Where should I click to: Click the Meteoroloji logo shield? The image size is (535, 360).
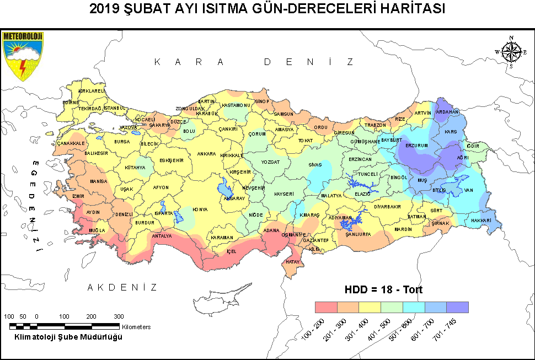coord(23,56)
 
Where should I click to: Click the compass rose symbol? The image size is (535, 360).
coord(512,52)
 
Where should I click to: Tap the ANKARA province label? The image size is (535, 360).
coord(206,154)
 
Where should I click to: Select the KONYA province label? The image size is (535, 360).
coord(200,209)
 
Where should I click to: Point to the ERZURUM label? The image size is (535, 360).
coord(417,146)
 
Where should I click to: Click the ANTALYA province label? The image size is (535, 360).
coord(162,236)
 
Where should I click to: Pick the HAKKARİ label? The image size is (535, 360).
coord(482,221)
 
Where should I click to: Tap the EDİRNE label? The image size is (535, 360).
coord(71,103)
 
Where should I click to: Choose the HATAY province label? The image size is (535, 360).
coord(292,262)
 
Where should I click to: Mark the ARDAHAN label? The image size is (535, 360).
coord(447,112)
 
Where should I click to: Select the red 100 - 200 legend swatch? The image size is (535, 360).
coord(325,307)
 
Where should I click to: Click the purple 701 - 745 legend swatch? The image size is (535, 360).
coord(457,307)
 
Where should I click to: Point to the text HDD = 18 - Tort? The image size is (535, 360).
coord(384,289)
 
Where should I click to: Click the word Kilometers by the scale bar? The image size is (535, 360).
coord(136,327)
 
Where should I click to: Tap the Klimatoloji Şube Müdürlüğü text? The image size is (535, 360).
coord(68,337)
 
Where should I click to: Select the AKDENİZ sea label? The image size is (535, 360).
coord(122,287)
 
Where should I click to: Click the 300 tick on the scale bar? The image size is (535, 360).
coord(119,316)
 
